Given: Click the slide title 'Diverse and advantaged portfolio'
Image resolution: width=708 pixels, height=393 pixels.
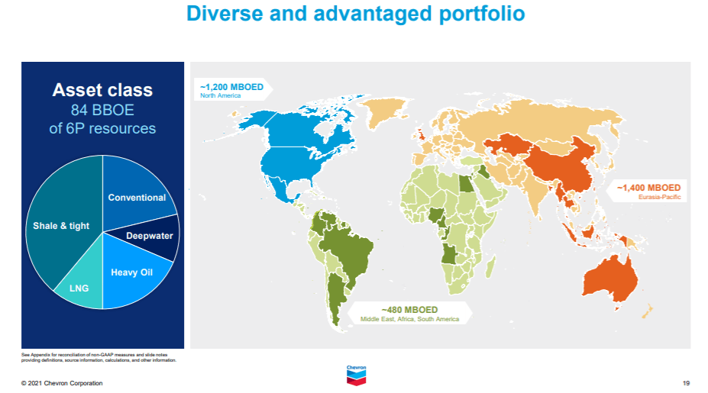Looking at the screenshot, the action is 355,14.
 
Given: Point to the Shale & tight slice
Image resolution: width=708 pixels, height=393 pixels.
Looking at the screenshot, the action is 61,226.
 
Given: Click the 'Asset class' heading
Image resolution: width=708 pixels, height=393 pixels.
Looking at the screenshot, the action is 102,90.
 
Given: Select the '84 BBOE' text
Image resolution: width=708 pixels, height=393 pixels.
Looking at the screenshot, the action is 102,110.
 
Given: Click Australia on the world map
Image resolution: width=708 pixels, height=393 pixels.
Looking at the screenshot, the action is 610,279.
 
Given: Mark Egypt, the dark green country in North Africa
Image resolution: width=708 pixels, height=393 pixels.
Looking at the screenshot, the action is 466,184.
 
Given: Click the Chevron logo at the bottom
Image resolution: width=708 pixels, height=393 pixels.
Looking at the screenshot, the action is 356,375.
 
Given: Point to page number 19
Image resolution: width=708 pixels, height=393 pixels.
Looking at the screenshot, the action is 686,383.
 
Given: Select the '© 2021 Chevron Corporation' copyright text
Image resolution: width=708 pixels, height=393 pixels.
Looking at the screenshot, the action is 62,383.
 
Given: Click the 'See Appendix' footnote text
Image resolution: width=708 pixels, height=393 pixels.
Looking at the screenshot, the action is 99,357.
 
